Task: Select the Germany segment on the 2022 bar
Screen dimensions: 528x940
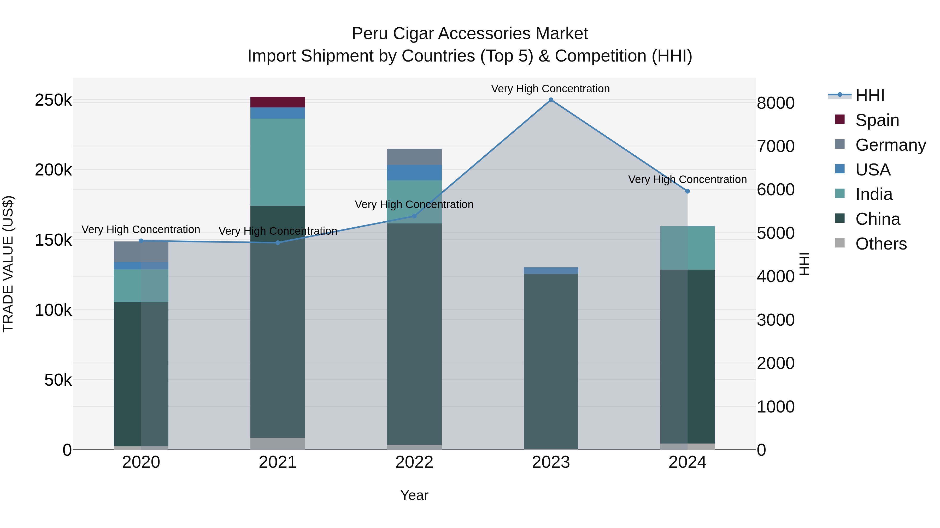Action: pos(414,157)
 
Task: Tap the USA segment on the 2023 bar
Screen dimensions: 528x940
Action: pos(551,270)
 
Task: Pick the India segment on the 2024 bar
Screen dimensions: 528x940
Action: pos(688,248)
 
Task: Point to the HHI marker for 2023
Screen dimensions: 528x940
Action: pos(551,100)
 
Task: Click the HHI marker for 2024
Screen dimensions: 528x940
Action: pos(688,191)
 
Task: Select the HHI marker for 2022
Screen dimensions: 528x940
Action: pos(414,216)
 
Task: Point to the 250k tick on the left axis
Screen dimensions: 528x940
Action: pos(53,100)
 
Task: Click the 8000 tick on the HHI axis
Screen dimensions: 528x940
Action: pos(775,103)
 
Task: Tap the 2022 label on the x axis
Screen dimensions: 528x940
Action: pos(414,462)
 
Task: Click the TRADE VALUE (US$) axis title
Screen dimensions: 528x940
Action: pos(8,264)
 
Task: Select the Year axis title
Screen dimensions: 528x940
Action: pos(414,495)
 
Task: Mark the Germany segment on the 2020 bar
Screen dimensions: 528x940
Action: pos(141,251)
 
